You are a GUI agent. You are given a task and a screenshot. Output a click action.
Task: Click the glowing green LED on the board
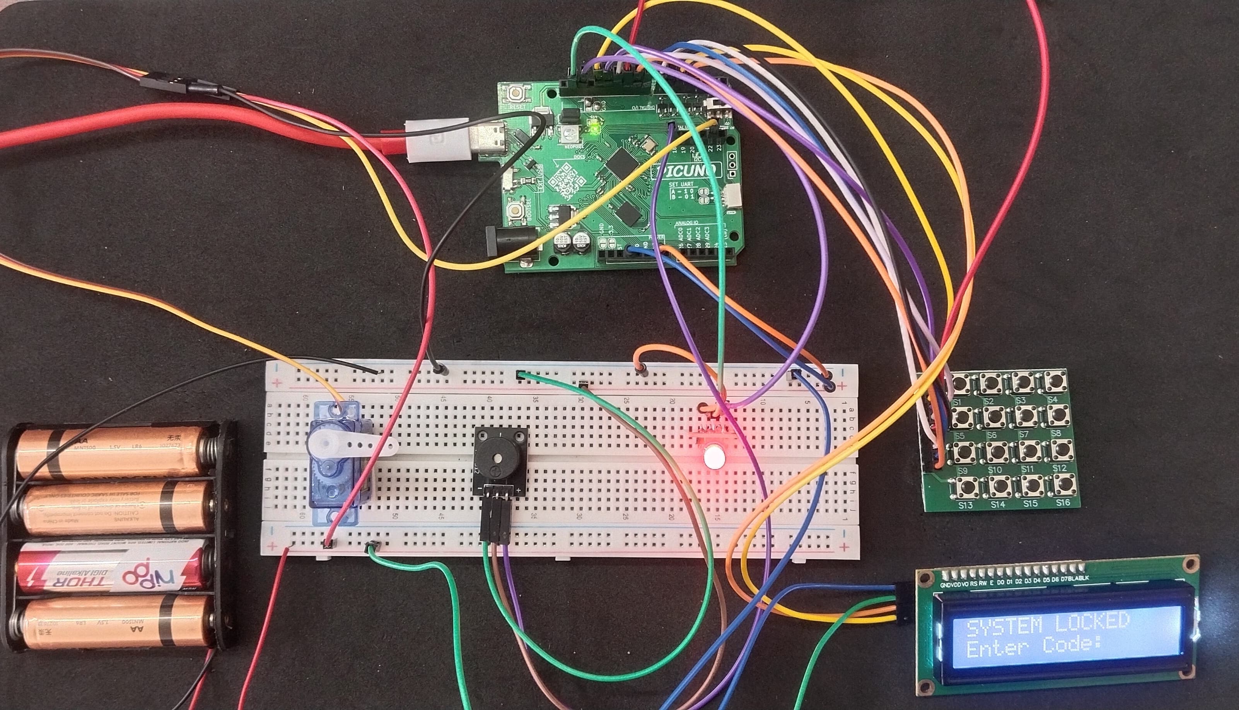pyautogui.click(x=594, y=130)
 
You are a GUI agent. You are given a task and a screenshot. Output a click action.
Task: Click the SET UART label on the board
pyautogui.click(x=681, y=184)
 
